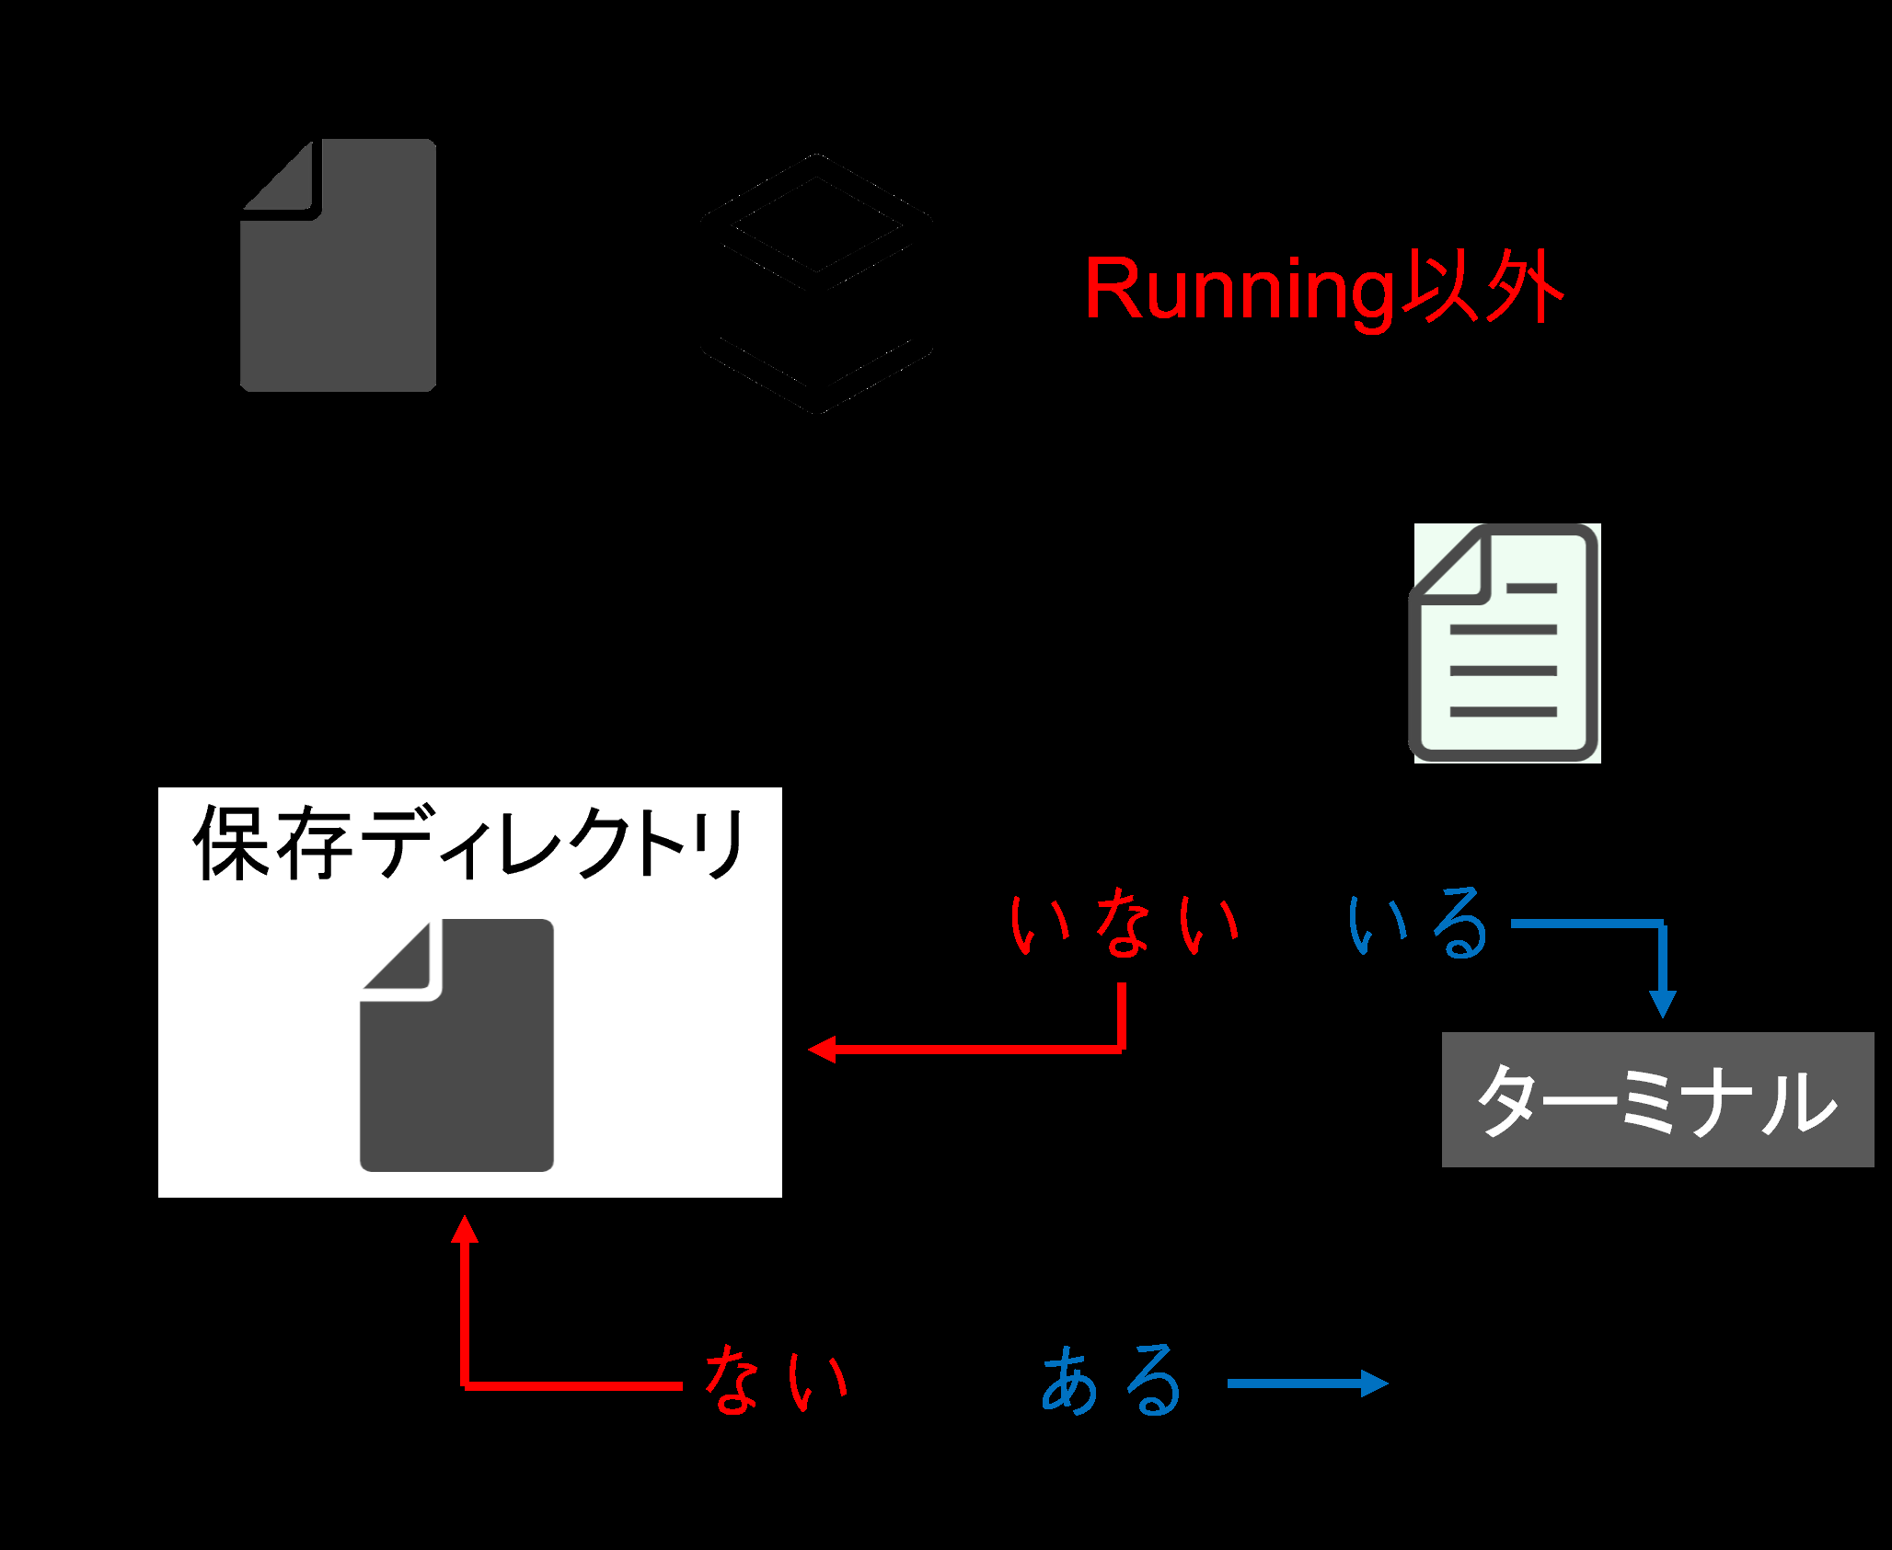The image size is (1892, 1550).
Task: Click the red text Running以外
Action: (1325, 289)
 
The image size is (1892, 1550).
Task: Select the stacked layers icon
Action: (817, 283)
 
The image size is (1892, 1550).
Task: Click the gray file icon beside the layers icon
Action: (338, 266)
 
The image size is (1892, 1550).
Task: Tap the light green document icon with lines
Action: (1506, 643)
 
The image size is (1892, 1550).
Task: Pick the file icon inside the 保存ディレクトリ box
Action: (456, 1045)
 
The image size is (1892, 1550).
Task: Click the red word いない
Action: (1125, 923)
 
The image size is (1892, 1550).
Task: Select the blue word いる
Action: (1418, 923)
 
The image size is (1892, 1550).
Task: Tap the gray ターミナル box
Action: (1657, 1099)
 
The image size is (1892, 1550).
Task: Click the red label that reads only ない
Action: (776, 1379)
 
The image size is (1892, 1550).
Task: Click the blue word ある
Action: (1112, 1379)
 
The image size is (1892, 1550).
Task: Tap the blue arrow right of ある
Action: (1308, 1383)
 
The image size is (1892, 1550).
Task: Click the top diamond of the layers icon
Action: (817, 223)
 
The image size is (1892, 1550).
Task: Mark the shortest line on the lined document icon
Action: (1532, 588)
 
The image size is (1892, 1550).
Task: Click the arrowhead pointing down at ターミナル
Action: (1662, 1005)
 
